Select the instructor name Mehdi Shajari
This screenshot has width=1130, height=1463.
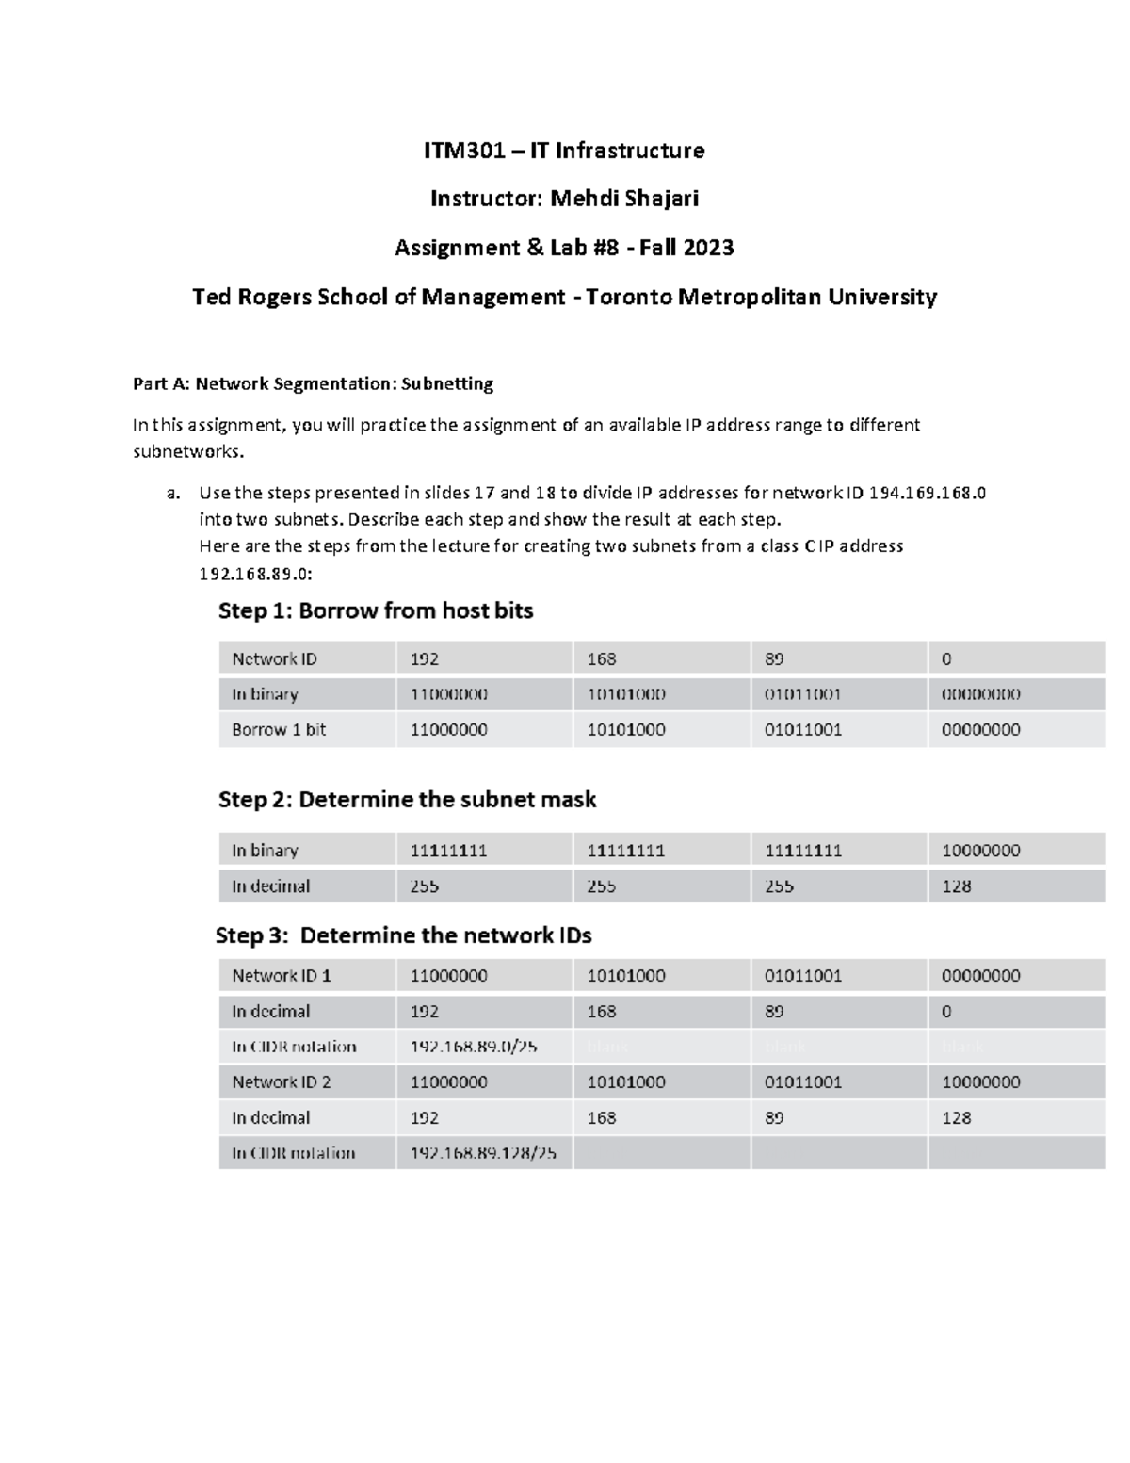tap(624, 199)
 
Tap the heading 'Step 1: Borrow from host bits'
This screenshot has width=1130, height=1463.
tap(376, 610)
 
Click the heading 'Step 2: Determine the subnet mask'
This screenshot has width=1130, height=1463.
tap(407, 800)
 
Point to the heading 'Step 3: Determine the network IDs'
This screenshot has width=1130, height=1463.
tap(403, 935)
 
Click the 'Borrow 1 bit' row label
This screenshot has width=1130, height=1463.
tap(279, 729)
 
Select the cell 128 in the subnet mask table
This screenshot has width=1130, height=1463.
tap(956, 886)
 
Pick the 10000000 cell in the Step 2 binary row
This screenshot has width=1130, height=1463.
tap(980, 850)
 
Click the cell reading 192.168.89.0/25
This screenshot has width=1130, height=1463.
tap(474, 1047)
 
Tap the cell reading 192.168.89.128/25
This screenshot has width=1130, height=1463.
tap(477, 1153)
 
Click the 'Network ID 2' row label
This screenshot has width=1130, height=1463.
tap(282, 1081)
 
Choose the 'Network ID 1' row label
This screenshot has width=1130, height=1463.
tap(282, 975)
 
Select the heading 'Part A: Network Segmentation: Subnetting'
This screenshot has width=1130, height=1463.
tap(313, 383)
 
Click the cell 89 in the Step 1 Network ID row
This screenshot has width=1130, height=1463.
tap(774, 658)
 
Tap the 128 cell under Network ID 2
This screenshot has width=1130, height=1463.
tap(956, 1117)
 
